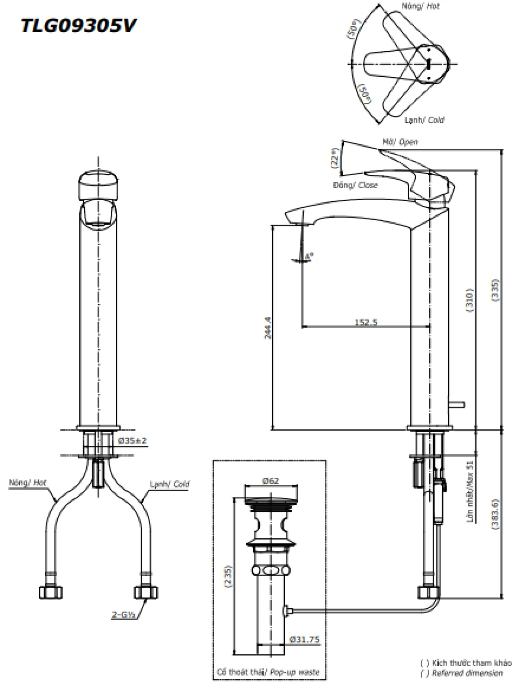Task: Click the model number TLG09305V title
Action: tap(78, 25)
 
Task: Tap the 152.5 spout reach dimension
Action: tap(366, 322)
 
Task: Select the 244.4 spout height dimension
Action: tap(268, 328)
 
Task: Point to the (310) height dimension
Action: tap(469, 300)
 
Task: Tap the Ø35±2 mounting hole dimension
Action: tap(133, 440)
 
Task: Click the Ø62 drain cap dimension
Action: tap(270, 481)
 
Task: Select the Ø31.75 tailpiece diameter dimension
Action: tap(304, 639)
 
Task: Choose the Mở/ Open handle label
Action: tap(400, 142)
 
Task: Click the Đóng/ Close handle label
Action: tap(355, 185)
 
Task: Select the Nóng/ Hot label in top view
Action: tap(420, 6)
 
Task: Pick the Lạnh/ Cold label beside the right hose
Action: tap(169, 484)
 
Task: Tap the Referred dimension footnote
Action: tap(467, 674)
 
